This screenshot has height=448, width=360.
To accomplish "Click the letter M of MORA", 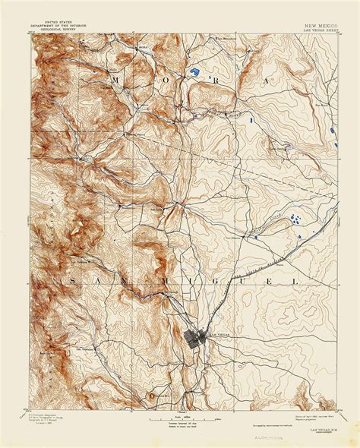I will pos(115,80).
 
